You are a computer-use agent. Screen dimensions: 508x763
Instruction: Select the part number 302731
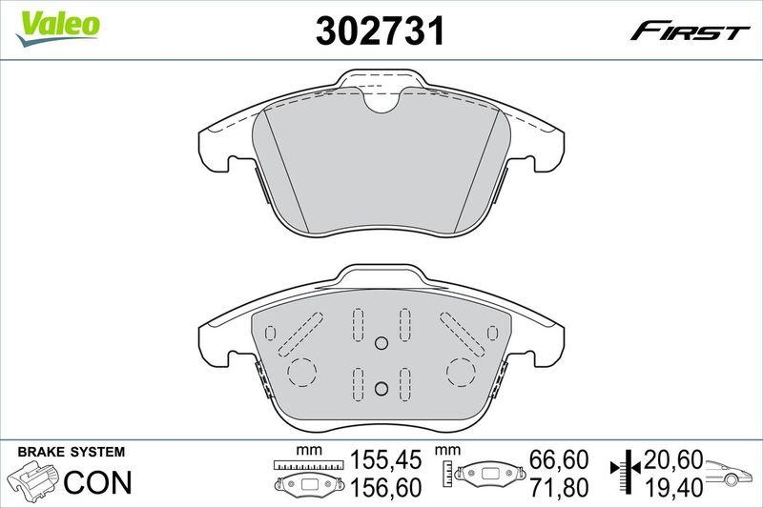[x=381, y=31]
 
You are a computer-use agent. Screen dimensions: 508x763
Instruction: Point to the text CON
[x=97, y=483]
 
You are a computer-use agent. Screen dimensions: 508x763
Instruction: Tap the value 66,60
[x=559, y=461]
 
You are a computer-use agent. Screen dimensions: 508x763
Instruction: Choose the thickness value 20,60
[x=673, y=461]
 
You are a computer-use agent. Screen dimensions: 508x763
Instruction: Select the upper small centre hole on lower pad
[x=381, y=344]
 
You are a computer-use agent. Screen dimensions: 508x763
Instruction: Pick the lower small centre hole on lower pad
[x=381, y=387]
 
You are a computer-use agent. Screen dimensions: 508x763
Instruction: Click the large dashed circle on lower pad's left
[x=301, y=371]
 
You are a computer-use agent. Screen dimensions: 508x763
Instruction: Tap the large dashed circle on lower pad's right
[x=461, y=371]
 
